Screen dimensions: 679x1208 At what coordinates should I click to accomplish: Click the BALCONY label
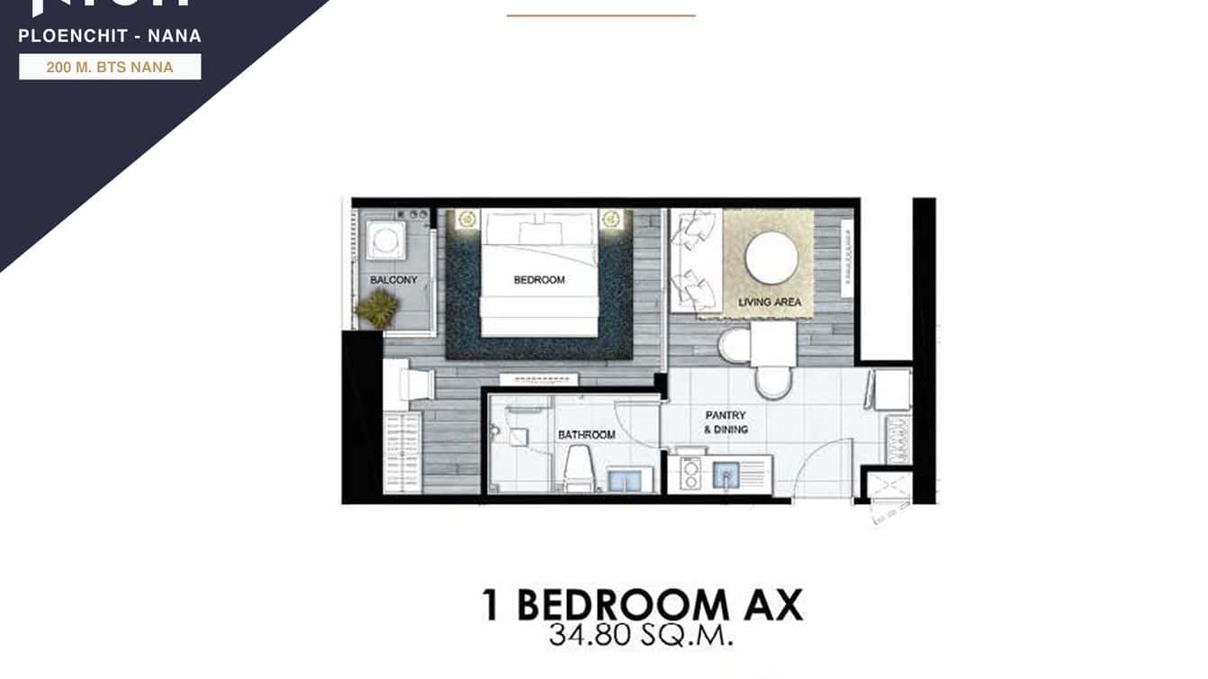[393, 280]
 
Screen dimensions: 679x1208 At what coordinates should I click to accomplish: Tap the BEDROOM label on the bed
[539, 280]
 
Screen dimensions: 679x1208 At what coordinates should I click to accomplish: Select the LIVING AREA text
[770, 302]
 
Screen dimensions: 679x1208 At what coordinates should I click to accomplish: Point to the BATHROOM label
[586, 435]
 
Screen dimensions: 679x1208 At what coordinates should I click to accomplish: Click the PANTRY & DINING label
[726, 422]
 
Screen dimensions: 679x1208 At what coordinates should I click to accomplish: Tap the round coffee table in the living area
[771, 258]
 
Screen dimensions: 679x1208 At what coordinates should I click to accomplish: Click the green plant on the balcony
[376, 309]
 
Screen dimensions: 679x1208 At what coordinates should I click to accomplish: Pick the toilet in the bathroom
[577, 468]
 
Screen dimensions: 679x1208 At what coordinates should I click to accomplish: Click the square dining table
[772, 344]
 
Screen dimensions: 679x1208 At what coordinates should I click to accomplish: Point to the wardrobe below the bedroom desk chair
[401, 453]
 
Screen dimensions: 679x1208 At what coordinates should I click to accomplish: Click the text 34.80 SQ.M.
[641, 636]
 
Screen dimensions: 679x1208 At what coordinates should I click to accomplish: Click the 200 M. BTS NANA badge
[110, 68]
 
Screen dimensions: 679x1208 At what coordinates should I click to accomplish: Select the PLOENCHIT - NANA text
[110, 37]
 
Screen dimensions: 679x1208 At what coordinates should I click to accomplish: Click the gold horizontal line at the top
[600, 15]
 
